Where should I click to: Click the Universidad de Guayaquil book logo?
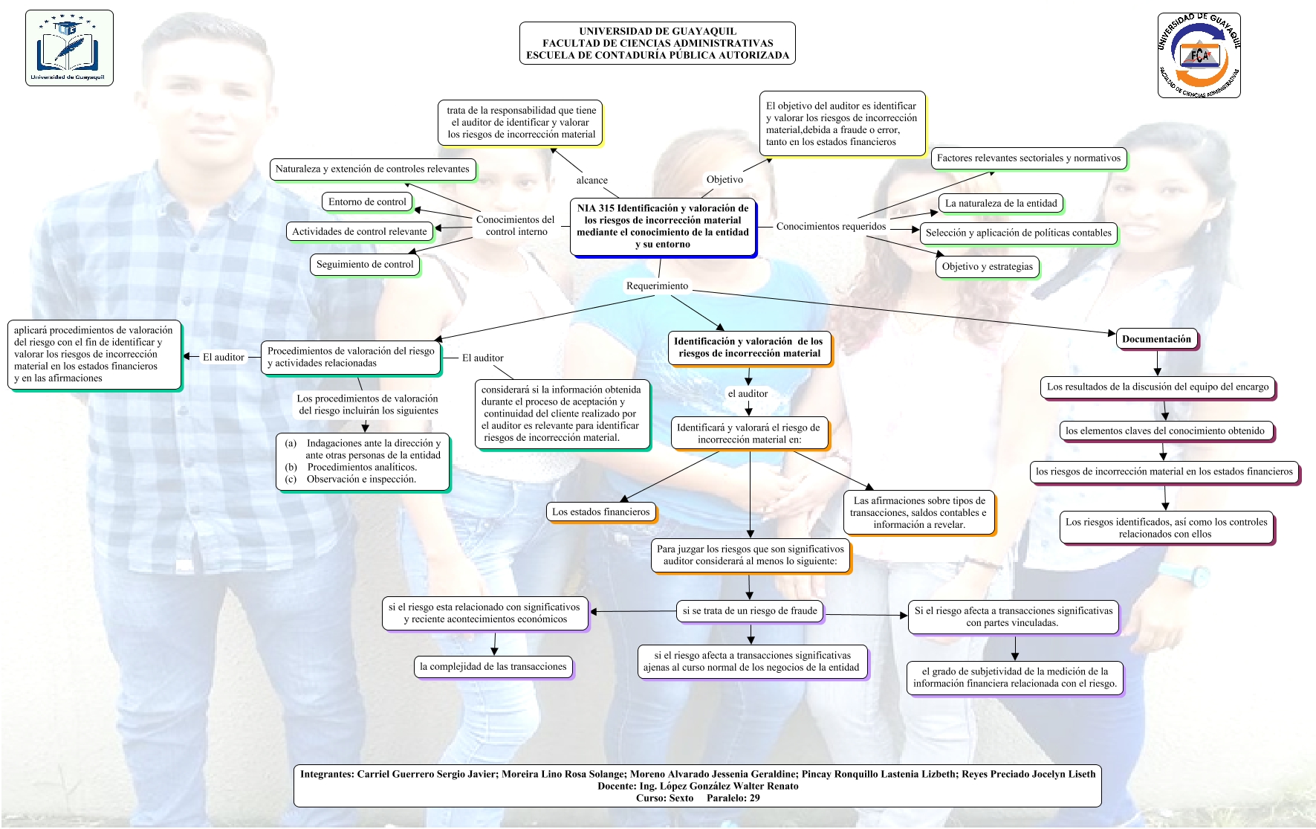click(x=69, y=48)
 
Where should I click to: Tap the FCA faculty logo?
click(x=1199, y=55)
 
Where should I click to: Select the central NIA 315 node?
click(x=663, y=226)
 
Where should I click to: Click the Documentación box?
click(x=1156, y=339)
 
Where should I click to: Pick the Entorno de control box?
click(x=367, y=201)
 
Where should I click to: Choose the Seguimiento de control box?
click(x=365, y=264)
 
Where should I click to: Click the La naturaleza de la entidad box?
click(x=1000, y=203)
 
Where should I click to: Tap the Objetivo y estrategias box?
click(x=987, y=266)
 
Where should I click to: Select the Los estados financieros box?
click(x=600, y=512)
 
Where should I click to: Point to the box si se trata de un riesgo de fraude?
click(x=750, y=611)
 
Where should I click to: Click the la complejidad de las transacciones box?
click(x=493, y=666)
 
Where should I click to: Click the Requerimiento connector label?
click(x=657, y=286)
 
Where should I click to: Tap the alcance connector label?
click(x=591, y=180)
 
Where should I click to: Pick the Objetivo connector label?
click(x=725, y=179)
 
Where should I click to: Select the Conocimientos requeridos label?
click(x=831, y=226)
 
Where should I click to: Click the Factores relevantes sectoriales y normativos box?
click(x=1028, y=158)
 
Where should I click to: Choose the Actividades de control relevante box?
click(x=360, y=231)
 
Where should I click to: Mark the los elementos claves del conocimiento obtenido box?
click(x=1164, y=430)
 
